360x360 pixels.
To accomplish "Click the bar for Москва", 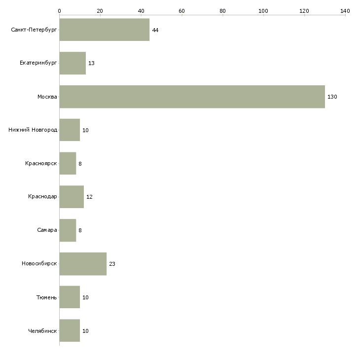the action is click(x=192, y=97).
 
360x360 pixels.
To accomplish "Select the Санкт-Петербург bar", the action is click(x=105, y=30).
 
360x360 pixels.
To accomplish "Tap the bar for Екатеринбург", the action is click(x=72, y=63).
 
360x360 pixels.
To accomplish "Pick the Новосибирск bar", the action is click(x=83, y=264).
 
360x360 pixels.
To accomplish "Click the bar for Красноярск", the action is click(x=68, y=163).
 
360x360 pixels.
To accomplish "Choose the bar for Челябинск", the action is click(x=70, y=330).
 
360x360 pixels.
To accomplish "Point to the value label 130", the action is click(x=332, y=97).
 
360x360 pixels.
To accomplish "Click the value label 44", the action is click(x=155, y=30).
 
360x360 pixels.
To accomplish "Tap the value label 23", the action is click(x=112, y=264).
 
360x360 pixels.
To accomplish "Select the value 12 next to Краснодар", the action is click(x=89, y=197).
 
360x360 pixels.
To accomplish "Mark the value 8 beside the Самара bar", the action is click(x=80, y=230).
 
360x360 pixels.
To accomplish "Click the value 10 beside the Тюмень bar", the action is click(x=85, y=297).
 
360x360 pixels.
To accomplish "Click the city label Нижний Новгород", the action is click(x=33, y=130).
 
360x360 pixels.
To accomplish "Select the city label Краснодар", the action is click(x=42, y=197).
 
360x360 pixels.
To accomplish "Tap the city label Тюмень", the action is click(x=47, y=297).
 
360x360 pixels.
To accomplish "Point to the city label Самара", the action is click(x=47, y=230).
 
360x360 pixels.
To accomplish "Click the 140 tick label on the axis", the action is click(x=345, y=11).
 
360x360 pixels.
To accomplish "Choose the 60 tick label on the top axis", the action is click(x=181, y=11).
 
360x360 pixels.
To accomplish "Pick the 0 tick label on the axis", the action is click(x=60, y=11).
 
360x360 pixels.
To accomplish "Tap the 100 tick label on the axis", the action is click(x=263, y=11).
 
